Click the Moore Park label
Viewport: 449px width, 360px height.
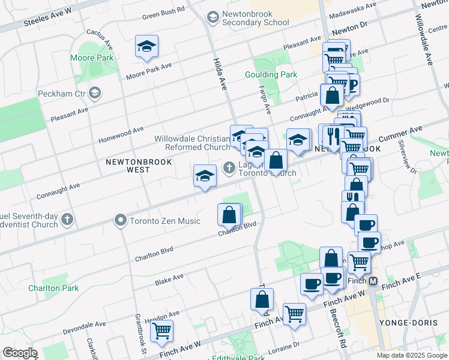pos(92,58)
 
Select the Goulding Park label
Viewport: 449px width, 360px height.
pos(271,74)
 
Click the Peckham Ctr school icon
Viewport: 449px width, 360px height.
pos(95,93)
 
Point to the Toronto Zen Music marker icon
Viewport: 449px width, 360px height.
pos(121,221)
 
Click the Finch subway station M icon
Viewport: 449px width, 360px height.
pos(373,281)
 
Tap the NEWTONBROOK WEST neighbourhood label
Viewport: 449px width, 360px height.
pos(139,166)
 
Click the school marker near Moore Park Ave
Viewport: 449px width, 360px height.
pos(146,46)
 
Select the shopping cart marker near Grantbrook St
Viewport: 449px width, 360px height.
pos(161,330)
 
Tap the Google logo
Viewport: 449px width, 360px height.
pos(20,353)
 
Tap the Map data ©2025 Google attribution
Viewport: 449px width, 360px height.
pos(412,355)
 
